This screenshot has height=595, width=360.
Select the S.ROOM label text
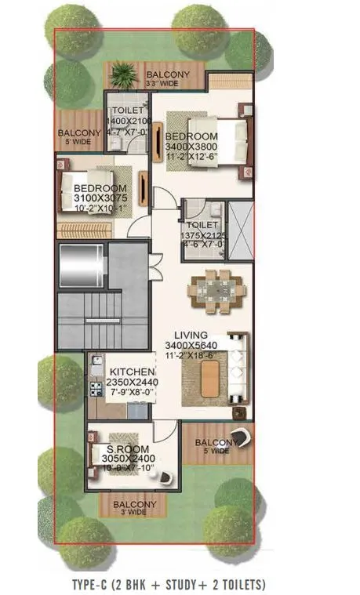[123, 448]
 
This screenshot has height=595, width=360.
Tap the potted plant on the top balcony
[123, 75]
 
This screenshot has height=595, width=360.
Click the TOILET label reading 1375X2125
[202, 235]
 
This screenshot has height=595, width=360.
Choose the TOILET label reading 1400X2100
[126, 122]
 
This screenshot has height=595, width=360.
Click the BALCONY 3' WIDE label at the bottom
[134, 507]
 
